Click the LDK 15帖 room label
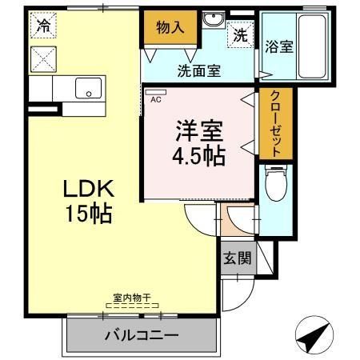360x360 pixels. [88, 202]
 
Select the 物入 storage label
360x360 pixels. [170, 27]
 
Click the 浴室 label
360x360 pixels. [278, 46]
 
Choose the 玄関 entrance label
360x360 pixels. [237, 258]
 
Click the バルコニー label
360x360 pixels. [141, 334]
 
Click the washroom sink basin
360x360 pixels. [213, 21]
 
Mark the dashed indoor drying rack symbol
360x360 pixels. [132, 306]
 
